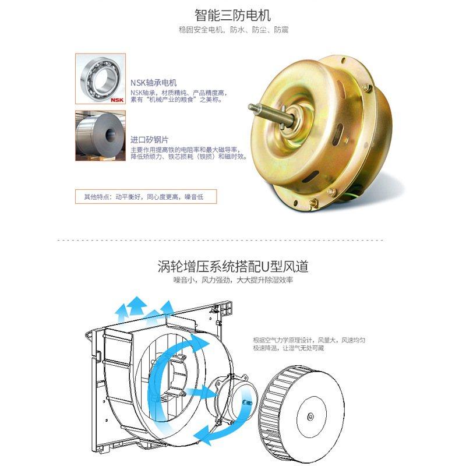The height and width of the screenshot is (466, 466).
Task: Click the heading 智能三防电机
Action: [233, 14]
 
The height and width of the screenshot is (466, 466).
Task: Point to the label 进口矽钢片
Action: [150, 140]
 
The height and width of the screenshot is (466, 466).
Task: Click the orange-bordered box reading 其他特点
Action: [146, 196]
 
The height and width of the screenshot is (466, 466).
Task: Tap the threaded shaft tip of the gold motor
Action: [254, 107]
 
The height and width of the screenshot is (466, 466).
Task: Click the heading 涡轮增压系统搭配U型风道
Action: [233, 267]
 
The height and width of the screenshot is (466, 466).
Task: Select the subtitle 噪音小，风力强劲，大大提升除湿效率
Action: [233, 280]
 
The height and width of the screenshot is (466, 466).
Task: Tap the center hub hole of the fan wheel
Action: [309, 416]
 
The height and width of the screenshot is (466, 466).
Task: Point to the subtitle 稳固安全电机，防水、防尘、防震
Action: [233, 29]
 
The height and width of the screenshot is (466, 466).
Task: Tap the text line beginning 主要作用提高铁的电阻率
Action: [188, 150]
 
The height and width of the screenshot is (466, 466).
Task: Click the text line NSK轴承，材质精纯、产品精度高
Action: [178, 93]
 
